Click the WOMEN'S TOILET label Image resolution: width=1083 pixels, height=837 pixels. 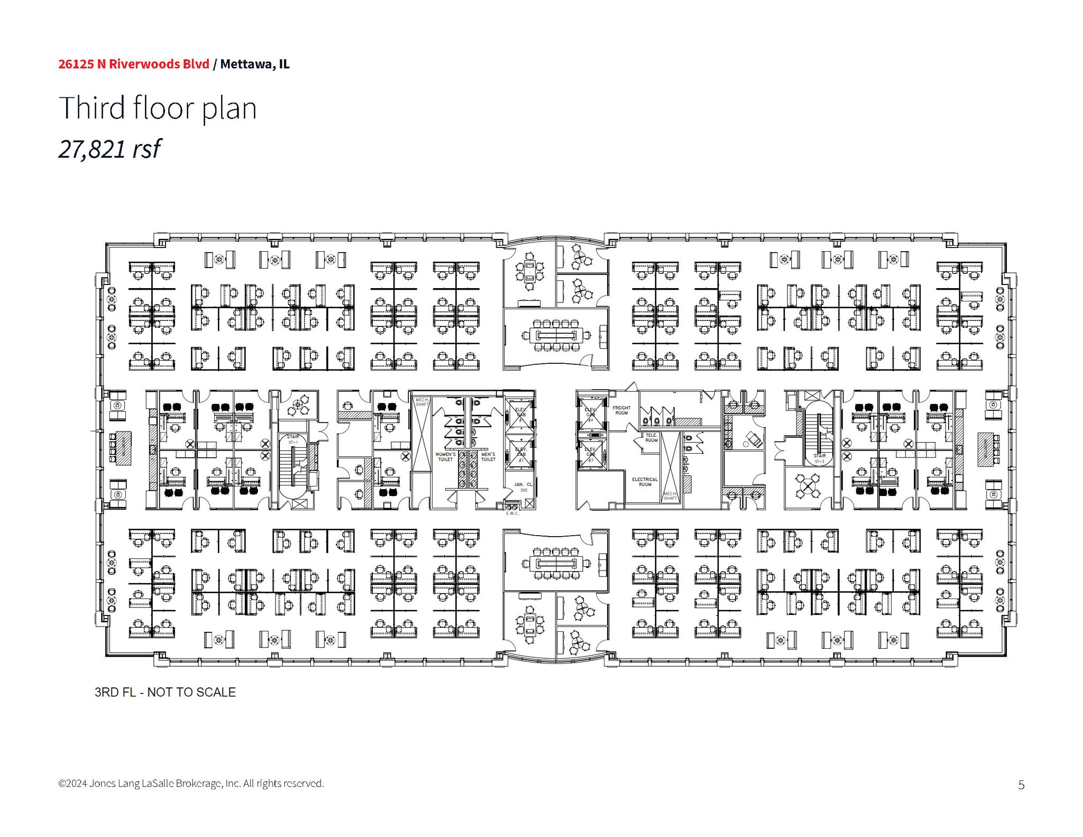445,457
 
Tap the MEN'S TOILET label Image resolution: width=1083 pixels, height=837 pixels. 488,457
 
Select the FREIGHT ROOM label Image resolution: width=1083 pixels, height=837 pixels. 621,410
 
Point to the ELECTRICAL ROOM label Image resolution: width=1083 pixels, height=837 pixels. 645,482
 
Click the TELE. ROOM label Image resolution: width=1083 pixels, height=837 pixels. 651,438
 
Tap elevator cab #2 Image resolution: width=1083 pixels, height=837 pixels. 521,455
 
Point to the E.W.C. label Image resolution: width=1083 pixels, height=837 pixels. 512,513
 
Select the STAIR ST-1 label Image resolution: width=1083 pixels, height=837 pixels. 292,439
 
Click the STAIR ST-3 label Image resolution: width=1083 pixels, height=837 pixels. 819,458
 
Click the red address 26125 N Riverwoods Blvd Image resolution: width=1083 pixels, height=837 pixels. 134,64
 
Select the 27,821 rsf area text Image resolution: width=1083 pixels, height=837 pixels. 109,149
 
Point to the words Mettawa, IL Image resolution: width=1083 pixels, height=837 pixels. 255,64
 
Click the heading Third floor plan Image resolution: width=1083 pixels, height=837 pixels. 158,108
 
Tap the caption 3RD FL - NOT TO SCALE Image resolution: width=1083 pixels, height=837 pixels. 165,692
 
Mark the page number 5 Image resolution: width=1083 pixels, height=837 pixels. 1021,785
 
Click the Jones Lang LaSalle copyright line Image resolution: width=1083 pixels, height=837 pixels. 191,783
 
